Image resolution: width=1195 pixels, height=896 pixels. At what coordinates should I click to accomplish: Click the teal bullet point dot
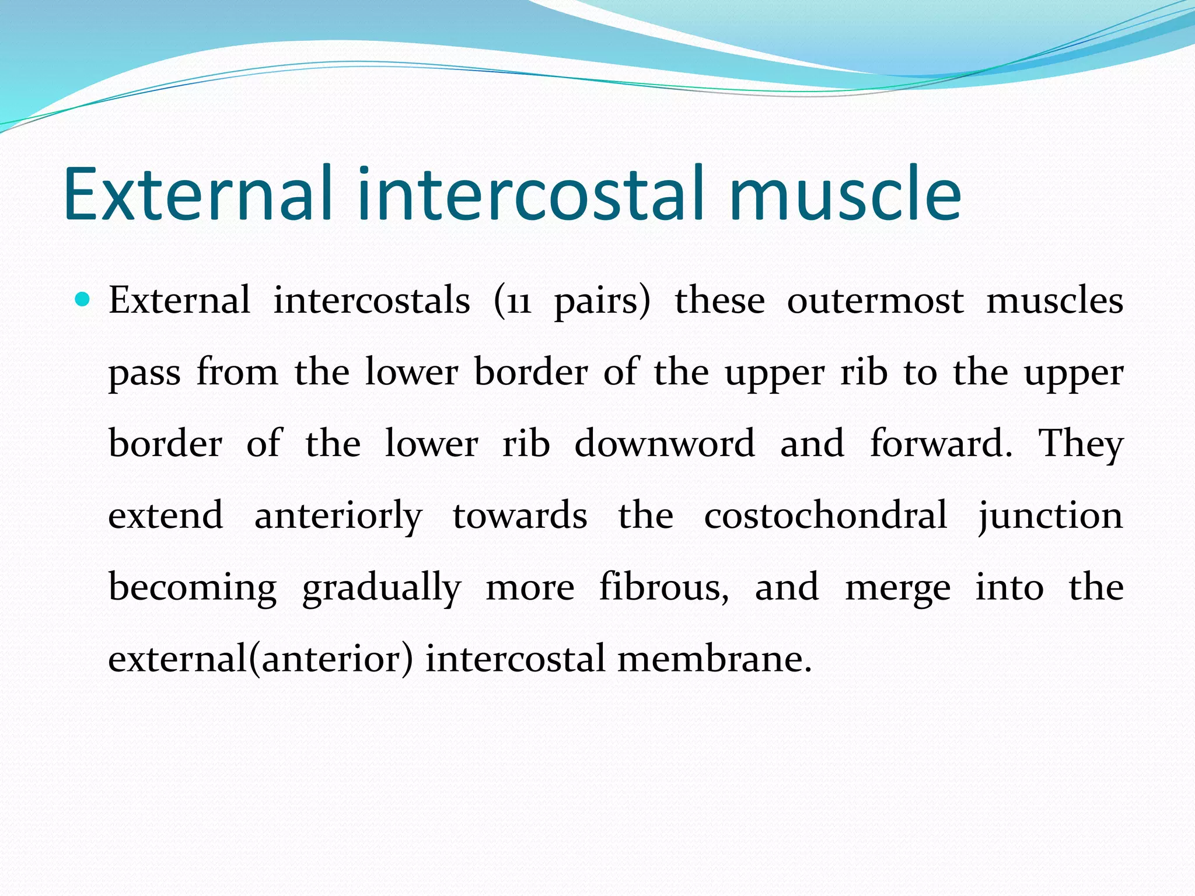(x=83, y=300)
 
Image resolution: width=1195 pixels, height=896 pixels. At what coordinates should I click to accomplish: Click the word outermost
(x=875, y=302)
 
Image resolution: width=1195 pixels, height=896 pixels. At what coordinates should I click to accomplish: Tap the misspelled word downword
(x=665, y=443)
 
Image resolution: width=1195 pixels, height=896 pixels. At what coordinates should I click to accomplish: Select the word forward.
(x=941, y=443)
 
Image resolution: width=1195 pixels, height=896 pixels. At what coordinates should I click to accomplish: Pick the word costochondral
(x=825, y=515)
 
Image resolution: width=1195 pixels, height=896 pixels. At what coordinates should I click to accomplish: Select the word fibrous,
(x=664, y=587)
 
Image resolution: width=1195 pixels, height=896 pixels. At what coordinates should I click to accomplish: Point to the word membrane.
(x=714, y=659)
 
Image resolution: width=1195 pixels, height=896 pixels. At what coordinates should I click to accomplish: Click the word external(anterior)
(x=260, y=659)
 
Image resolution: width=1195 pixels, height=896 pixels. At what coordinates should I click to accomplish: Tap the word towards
(x=520, y=516)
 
